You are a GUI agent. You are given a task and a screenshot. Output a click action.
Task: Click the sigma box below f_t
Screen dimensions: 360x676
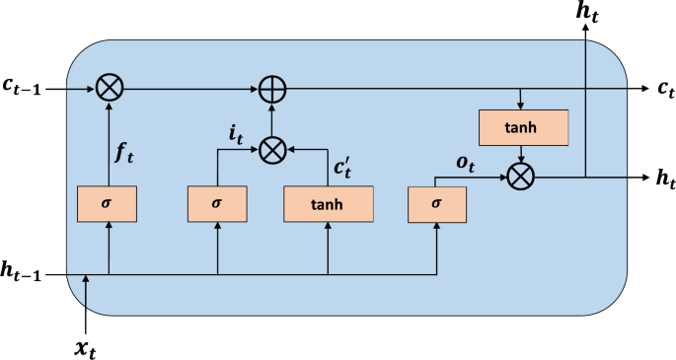(108, 203)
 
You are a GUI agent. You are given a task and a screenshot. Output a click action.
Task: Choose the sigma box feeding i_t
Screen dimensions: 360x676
(216, 203)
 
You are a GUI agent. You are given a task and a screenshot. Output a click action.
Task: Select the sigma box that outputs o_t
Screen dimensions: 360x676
(437, 203)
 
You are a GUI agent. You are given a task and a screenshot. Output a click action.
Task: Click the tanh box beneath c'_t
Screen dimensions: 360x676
(328, 203)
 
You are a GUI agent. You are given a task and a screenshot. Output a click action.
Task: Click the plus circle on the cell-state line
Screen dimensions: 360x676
(272, 89)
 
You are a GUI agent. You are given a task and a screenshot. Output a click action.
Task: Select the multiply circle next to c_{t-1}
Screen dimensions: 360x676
(108, 89)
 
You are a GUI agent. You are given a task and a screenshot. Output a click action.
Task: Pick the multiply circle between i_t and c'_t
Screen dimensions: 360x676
(272, 150)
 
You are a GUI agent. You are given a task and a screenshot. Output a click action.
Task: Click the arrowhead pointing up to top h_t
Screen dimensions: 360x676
(585, 30)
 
